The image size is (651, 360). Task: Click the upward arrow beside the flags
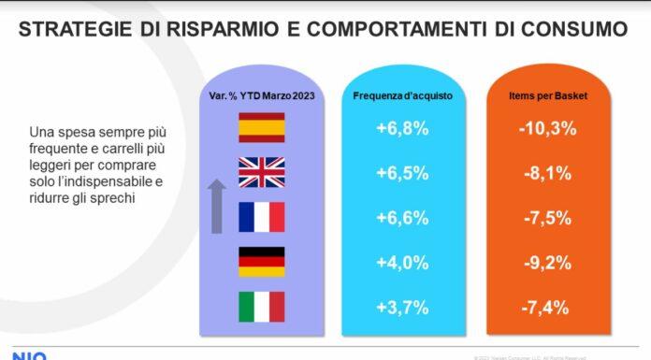[x=216, y=207]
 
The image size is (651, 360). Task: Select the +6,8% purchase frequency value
[x=401, y=129]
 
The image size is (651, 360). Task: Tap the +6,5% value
[x=401, y=174]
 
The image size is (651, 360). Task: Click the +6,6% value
[x=401, y=218]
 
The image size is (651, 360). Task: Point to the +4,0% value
[x=401, y=263]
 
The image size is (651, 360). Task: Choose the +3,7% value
[x=401, y=308]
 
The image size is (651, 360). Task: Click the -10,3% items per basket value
[x=544, y=129]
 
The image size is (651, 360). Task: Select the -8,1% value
[x=544, y=174]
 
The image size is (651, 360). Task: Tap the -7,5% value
[x=544, y=218]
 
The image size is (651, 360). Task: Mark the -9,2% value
[x=544, y=263]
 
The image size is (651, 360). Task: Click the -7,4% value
[x=544, y=308]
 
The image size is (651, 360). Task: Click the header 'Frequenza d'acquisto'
[x=401, y=95]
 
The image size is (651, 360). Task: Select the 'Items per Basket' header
[x=544, y=95]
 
